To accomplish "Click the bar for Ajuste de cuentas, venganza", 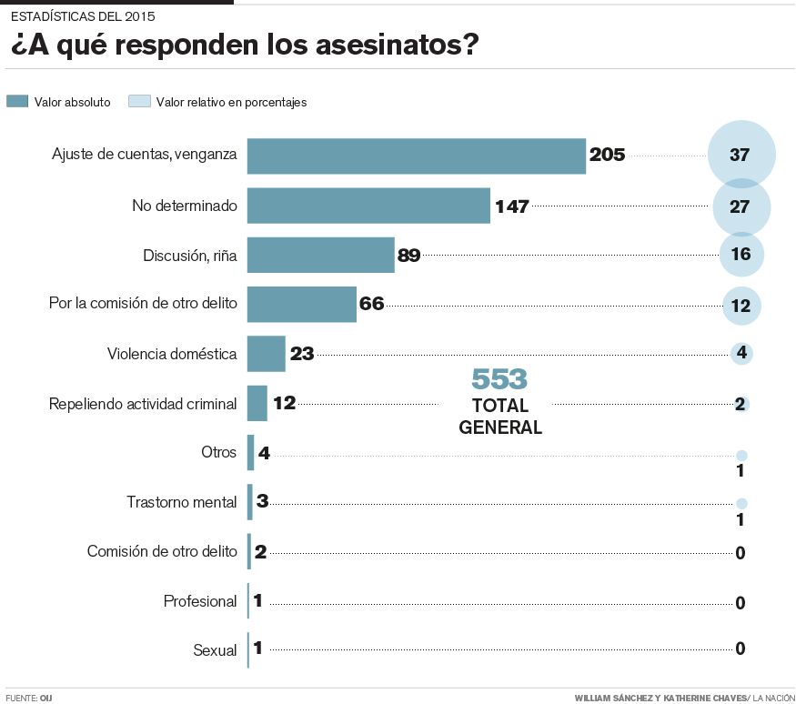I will tap(416, 156).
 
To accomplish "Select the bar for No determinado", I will tap(368, 206).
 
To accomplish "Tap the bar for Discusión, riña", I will tap(320, 255).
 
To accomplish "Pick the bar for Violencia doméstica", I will tap(267, 353).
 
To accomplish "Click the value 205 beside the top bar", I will tap(607, 155).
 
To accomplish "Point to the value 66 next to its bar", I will tap(372, 304).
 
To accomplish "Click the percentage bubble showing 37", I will tap(741, 155).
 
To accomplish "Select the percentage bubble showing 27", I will tap(741, 206).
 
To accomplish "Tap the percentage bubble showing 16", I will tap(741, 255).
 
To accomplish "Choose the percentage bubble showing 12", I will tap(741, 306).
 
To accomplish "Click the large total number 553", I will tap(499, 379).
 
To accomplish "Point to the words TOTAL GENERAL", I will tap(500, 417).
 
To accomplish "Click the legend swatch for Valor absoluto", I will tap(17, 102).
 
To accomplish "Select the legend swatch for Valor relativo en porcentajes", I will tap(139, 102).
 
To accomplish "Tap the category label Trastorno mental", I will tap(182, 501).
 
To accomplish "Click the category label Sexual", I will tap(215, 650).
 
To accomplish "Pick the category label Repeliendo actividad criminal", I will tap(143, 403).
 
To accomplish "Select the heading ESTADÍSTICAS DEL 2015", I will tap(83, 16).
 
